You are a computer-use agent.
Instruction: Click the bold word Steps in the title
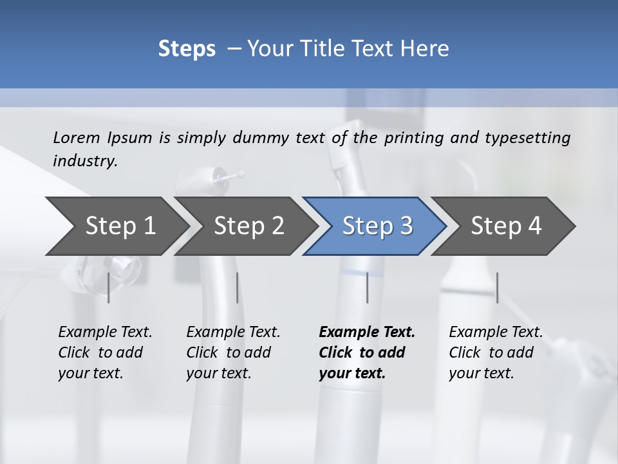coord(187,49)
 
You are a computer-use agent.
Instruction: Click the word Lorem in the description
coord(76,137)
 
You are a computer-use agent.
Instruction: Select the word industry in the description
coord(84,161)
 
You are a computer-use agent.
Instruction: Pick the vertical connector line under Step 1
coord(108,287)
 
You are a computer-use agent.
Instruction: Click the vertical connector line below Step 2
coord(238,287)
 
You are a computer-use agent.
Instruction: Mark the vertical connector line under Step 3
coord(367,287)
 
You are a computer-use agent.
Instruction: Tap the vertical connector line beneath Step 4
coord(497,287)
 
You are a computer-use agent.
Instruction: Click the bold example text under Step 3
coord(367,353)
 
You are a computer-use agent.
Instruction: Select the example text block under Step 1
coord(105,353)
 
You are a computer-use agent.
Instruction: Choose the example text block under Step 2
coord(233,353)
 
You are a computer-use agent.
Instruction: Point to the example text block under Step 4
coord(496,353)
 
